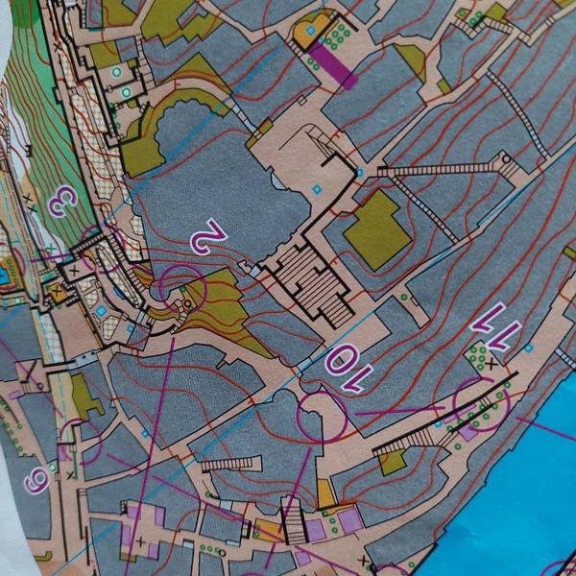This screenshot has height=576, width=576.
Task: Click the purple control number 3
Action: (x=64, y=201)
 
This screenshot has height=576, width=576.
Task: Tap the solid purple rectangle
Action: (x=334, y=60)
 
